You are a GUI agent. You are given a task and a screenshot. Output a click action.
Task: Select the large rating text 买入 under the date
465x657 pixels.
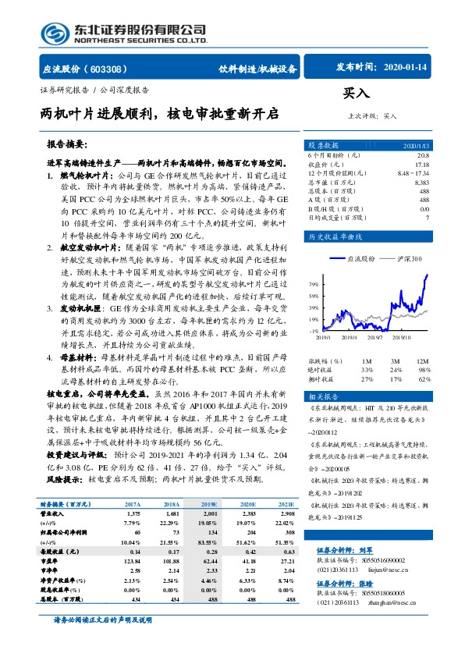tap(354, 93)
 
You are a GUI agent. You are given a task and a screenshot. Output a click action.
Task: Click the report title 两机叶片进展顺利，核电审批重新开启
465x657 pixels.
tap(159, 115)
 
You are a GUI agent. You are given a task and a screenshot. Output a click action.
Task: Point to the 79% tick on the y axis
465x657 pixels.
tap(313, 284)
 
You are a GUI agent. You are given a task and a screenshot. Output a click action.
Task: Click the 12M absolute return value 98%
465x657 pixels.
tap(424, 369)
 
